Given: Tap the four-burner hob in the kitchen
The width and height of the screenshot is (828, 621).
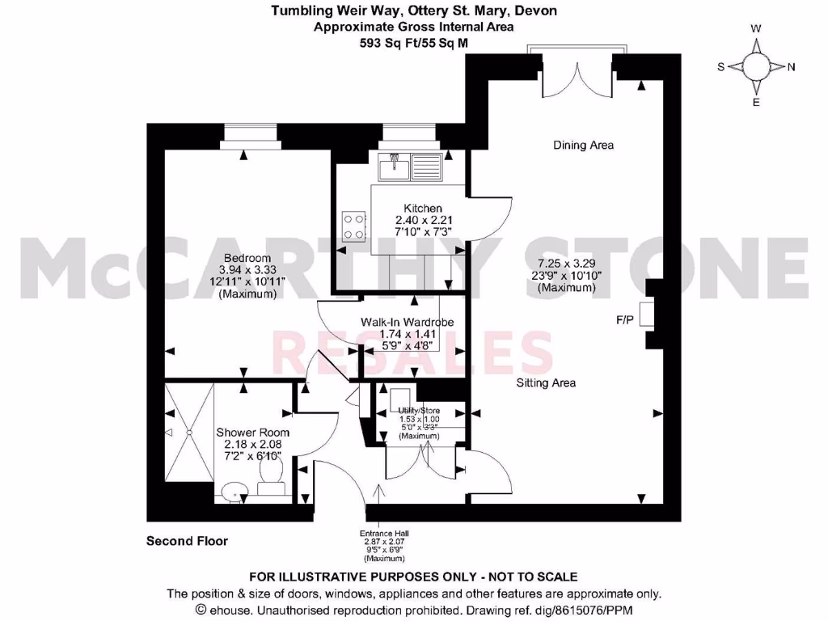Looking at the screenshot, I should pyautogui.click(x=354, y=226).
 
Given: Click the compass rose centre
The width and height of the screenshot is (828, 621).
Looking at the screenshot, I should pyautogui.click(x=756, y=67).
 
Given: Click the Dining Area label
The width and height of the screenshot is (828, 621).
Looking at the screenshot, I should pyautogui.click(x=583, y=146).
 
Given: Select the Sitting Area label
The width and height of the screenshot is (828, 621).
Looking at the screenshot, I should pyautogui.click(x=546, y=382).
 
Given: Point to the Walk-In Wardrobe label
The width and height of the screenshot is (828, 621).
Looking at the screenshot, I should pyautogui.click(x=407, y=322).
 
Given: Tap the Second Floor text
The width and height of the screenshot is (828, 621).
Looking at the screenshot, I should pyautogui.click(x=187, y=541).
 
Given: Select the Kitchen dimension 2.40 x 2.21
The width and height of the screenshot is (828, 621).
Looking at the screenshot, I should pyautogui.click(x=417, y=220).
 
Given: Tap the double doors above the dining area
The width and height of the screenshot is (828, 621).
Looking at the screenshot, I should pyautogui.click(x=577, y=74).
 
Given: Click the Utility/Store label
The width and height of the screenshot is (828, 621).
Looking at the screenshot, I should pyautogui.click(x=418, y=411).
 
